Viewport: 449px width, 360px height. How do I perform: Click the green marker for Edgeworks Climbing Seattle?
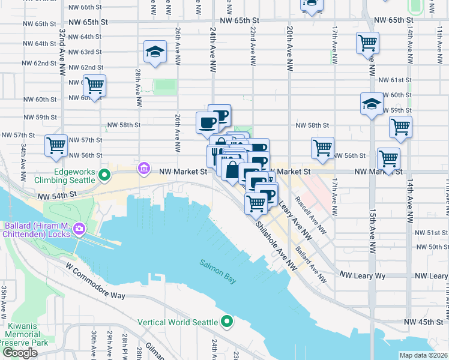coord(104,176)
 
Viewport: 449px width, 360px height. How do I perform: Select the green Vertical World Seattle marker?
coord(226,322)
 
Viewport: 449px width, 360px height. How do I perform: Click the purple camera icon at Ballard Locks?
coord(79,229)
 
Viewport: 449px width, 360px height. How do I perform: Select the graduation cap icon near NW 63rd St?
coord(154,53)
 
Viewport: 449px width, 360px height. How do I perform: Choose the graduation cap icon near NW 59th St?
coord(371,104)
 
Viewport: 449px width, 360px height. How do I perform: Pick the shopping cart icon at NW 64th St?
coord(367,43)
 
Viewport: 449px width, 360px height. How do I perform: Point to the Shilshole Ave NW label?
coord(277,244)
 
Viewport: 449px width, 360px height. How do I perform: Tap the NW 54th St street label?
coord(57,196)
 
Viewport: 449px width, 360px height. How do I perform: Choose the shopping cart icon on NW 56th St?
coord(322,148)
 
